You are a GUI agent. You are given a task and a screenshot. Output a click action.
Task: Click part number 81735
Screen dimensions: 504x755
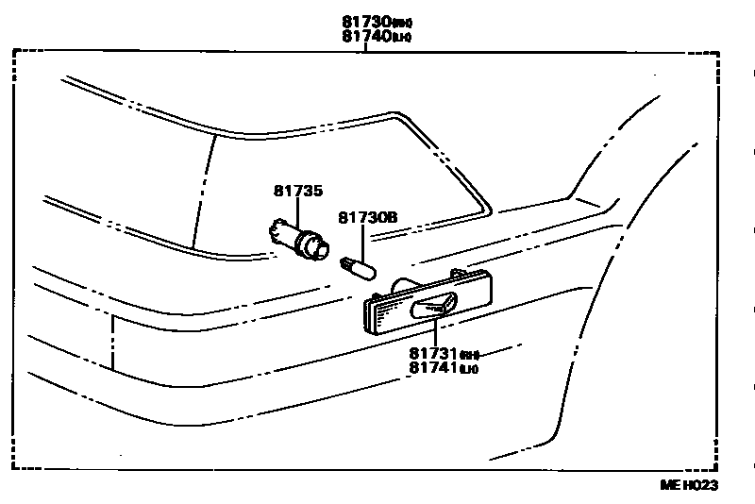pyautogui.click(x=298, y=192)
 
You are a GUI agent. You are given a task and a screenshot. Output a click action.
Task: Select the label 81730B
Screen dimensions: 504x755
pyautogui.click(x=368, y=217)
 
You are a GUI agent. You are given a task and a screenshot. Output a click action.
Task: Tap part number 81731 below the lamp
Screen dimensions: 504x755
pyautogui.click(x=433, y=354)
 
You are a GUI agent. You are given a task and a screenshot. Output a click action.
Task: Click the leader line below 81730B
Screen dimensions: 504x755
pyautogui.click(x=363, y=241)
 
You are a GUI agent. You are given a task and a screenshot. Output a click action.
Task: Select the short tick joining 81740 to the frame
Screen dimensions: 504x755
pyautogui.click(x=365, y=47)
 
